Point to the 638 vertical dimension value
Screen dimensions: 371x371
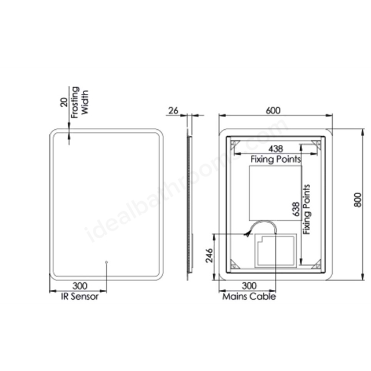pos(296,209)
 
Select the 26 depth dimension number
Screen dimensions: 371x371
pos(173,110)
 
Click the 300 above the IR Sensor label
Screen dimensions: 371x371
pos(80,286)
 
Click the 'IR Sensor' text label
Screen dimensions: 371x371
pos(80,296)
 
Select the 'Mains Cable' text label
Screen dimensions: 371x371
pos(249,296)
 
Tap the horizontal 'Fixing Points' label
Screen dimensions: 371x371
pos(275,158)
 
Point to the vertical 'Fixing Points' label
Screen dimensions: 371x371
pos(307,209)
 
